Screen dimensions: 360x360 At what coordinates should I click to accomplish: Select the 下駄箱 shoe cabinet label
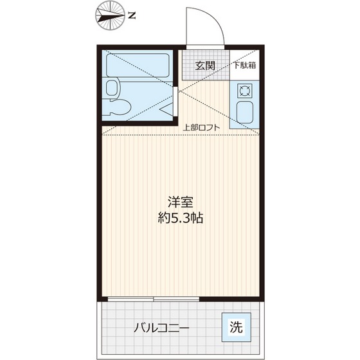(x=244, y=64)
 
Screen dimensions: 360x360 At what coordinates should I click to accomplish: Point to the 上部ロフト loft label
(x=201, y=127)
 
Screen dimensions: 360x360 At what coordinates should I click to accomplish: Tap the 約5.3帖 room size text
(x=181, y=218)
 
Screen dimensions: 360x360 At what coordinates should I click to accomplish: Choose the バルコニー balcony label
(x=161, y=328)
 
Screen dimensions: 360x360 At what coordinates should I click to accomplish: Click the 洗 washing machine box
(x=236, y=327)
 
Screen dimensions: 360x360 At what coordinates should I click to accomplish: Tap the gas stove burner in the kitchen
(x=245, y=89)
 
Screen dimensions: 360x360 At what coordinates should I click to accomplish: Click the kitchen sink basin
(x=245, y=114)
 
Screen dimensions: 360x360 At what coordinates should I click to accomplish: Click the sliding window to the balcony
(x=154, y=300)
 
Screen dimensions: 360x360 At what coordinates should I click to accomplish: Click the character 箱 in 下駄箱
(x=253, y=64)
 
